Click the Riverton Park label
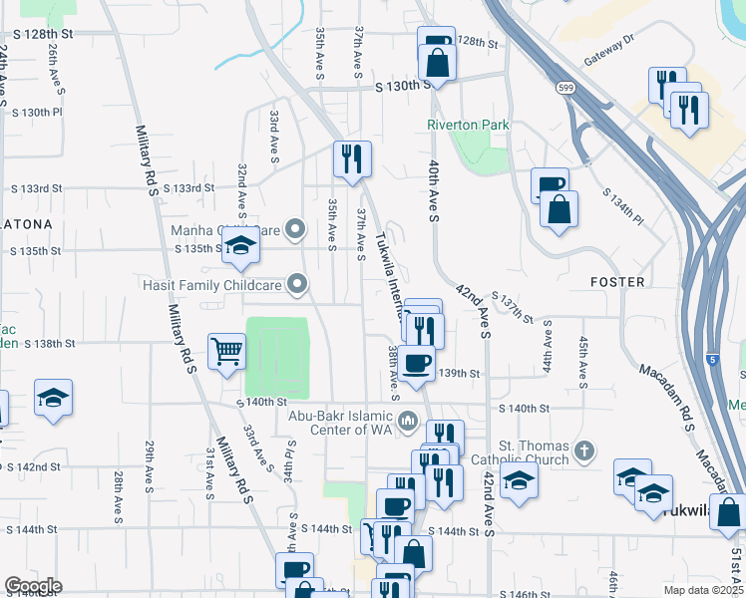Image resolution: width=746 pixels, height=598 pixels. click(468, 125)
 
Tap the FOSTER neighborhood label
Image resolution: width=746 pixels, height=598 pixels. click(617, 282)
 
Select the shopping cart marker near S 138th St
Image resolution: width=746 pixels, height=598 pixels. click(227, 351)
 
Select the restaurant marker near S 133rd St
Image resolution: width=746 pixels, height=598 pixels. click(352, 159)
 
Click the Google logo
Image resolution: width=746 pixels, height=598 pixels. click(33, 586)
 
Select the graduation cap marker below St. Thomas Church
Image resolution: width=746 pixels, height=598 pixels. click(518, 481)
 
